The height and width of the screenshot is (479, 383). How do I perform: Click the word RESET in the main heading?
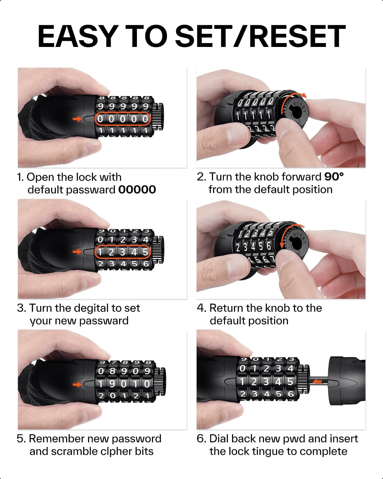coord(298,36)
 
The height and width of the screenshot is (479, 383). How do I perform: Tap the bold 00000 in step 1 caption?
coord(137,190)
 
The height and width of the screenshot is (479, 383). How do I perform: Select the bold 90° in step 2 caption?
coord(334,177)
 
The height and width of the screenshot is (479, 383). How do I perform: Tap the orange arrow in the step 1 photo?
coord(77,119)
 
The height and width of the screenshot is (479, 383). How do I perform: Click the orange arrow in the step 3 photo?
coord(77,252)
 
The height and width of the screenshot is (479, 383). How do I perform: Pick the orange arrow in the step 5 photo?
coord(77,384)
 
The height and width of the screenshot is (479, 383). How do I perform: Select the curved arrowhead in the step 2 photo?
coord(304,95)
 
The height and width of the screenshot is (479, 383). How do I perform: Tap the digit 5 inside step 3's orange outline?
coord(145,252)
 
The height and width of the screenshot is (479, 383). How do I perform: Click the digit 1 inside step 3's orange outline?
coord(100,252)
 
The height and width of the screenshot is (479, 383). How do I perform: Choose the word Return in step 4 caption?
coord(225,308)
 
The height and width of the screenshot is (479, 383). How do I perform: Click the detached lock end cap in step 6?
coord(347,382)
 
